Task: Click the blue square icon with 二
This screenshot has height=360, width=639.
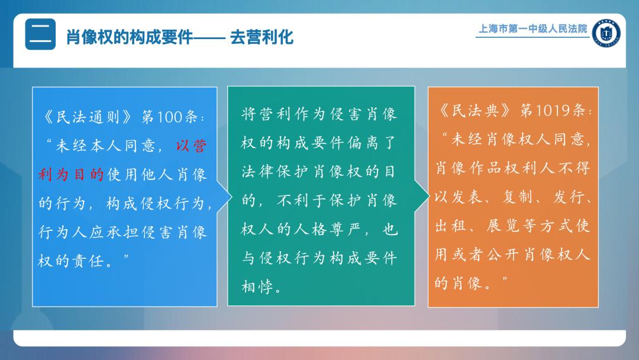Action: click(40, 34)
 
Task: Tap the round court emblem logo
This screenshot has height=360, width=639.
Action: click(606, 33)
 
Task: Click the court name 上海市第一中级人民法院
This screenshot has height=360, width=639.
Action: click(532, 28)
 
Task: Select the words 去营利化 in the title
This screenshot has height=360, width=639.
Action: click(262, 37)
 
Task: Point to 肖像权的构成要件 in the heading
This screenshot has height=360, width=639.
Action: click(129, 37)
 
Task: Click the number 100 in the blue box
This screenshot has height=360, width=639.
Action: click(169, 117)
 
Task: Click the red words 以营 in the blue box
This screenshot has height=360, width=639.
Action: click(191, 146)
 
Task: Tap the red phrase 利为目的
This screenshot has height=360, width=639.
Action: click(71, 175)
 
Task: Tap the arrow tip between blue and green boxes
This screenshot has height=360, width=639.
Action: click(232, 197)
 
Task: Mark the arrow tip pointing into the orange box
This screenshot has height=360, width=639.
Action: click(430, 196)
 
